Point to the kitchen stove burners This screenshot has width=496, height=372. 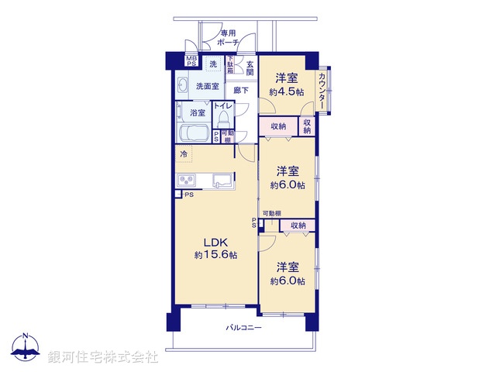[x=188, y=181]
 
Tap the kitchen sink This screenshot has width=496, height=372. [x=219, y=181]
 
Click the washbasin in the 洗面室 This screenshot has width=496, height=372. [x=184, y=84]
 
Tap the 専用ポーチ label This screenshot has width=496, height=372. [x=228, y=38]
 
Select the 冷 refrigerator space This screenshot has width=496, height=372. [x=184, y=154]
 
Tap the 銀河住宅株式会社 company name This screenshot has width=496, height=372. [x=103, y=357]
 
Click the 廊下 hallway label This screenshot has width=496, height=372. [x=241, y=91]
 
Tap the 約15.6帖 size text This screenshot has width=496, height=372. [x=216, y=255]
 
